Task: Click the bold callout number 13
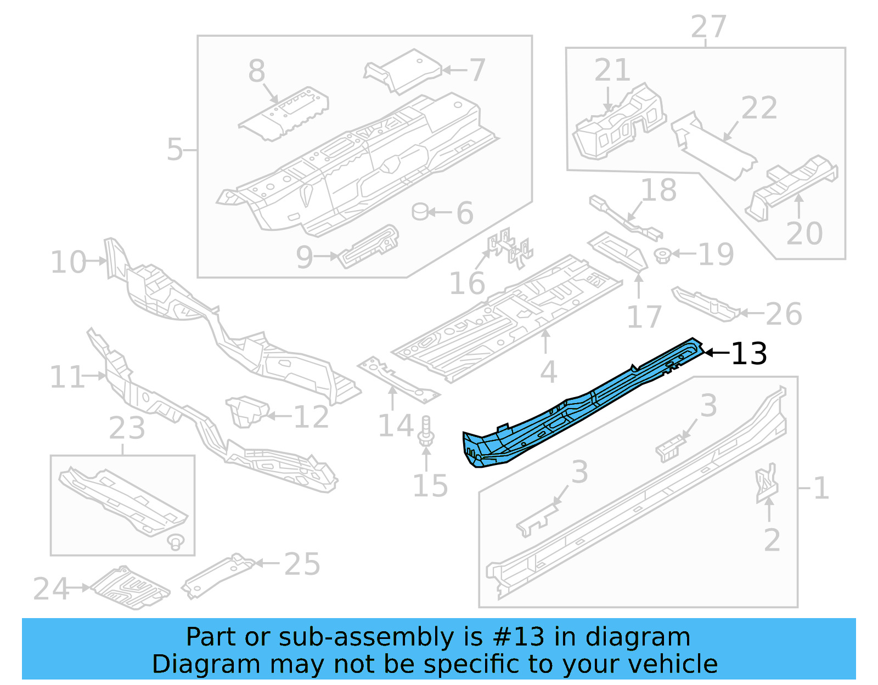[x=749, y=354]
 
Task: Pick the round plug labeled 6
[x=420, y=211]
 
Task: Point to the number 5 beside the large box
[x=175, y=149]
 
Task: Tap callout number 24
[x=50, y=589]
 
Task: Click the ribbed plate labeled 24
[x=131, y=587]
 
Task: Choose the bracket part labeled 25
[x=217, y=575]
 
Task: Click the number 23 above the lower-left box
[x=127, y=428]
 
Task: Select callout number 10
[x=68, y=262]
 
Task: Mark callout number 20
[x=804, y=234]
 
